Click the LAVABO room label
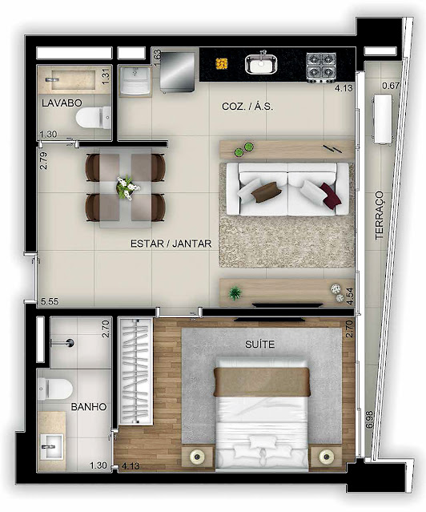(x=62, y=103)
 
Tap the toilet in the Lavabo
(x=94, y=118)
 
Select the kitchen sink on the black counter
(x=261, y=63)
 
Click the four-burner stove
(x=321, y=67)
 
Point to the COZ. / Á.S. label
(x=247, y=107)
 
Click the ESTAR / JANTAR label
(x=171, y=244)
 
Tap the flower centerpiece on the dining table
(x=127, y=187)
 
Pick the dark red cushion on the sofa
(x=330, y=195)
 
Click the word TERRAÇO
(x=380, y=216)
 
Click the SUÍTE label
(x=259, y=345)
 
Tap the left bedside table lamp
(x=197, y=456)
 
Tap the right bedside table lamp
(x=326, y=456)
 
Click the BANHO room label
(x=89, y=407)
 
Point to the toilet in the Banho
(x=54, y=389)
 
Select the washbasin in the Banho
(x=51, y=446)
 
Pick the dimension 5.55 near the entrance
(x=50, y=301)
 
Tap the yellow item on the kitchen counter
(x=222, y=63)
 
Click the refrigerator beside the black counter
(x=177, y=71)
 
